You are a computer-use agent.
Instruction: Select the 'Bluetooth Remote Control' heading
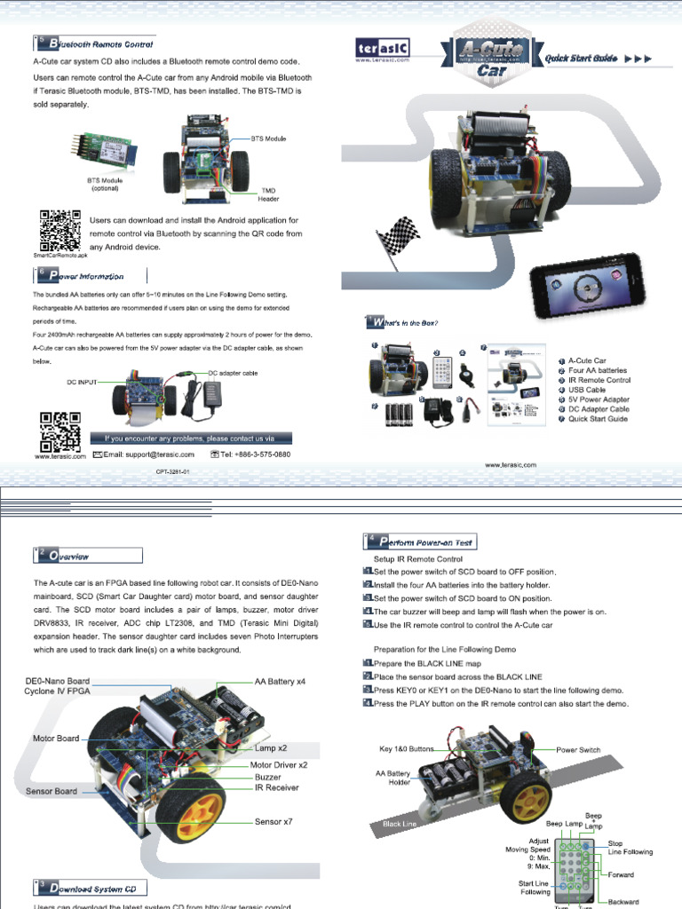pos(100,43)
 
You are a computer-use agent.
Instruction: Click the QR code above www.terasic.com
pos(61,431)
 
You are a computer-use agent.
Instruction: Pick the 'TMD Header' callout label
pos(269,194)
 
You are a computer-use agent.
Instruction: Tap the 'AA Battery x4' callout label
pos(280,681)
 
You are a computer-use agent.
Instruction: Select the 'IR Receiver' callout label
pos(276,787)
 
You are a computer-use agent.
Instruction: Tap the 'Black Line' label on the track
pos(399,824)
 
